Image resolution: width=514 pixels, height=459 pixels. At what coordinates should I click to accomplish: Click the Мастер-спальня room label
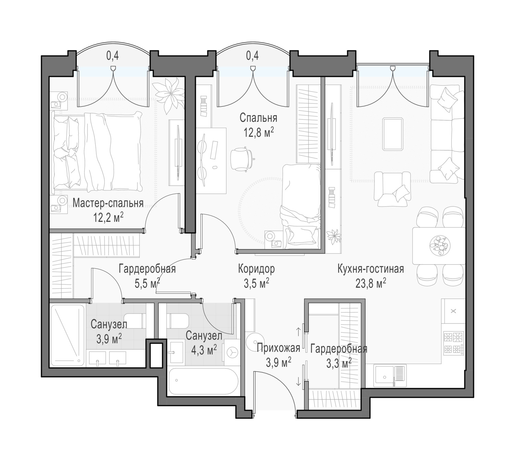point(108,203)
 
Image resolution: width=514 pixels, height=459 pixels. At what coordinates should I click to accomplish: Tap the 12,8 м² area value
point(259,132)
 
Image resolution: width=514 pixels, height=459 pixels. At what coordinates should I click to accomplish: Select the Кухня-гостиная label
point(371,269)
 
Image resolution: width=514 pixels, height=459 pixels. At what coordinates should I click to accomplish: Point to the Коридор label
point(256,269)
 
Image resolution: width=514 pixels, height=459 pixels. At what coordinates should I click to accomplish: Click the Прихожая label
point(278,348)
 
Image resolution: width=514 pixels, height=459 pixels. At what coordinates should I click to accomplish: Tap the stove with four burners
point(453,343)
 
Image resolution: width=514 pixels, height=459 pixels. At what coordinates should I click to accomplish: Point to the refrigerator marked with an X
point(453,311)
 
